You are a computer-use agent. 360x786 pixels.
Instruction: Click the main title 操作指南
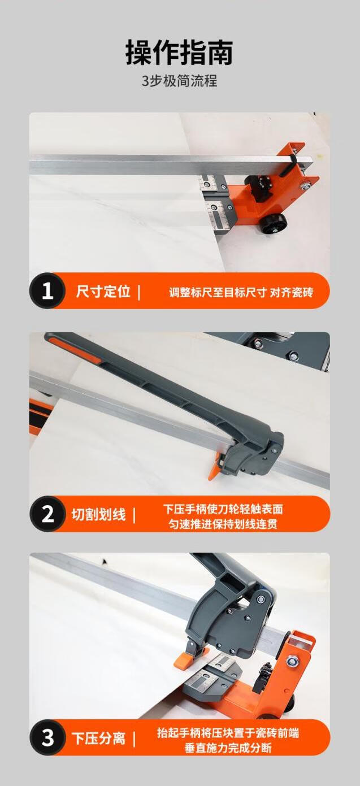179,53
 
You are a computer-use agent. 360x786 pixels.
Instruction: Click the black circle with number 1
47,291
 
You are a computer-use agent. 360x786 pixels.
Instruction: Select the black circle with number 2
47,514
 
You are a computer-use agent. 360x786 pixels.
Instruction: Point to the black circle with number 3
47,737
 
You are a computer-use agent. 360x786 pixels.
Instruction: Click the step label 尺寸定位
103,291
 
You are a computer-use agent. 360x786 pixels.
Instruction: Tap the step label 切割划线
98,514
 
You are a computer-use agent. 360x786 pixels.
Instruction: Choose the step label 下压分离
98,737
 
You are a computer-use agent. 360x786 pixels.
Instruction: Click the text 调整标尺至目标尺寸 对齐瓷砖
241,292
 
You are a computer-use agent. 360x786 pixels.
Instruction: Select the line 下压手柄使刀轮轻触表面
223,509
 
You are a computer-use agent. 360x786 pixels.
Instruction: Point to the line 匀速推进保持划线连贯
223,524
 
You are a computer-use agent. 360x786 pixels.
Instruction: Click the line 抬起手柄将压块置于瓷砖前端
228,732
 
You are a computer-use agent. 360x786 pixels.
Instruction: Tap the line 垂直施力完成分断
228,748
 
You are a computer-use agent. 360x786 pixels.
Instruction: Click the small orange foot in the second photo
214,467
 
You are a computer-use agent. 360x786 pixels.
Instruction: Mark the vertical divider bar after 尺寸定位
139,292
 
